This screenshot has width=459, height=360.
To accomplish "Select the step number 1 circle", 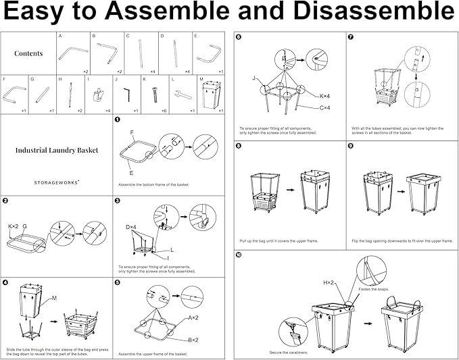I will [118, 120].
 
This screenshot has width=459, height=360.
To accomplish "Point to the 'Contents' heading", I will [28, 53].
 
